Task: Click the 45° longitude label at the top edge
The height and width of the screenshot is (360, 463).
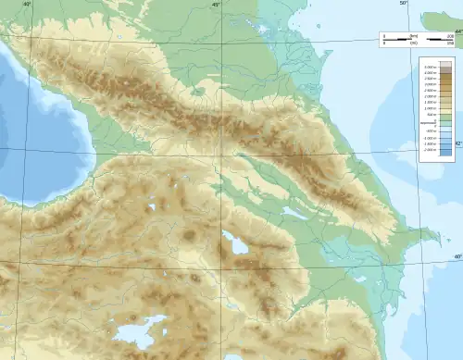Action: [x=215, y=5]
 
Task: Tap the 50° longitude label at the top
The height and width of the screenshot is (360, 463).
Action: [x=404, y=5]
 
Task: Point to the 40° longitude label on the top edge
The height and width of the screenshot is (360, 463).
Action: [x=27, y=5]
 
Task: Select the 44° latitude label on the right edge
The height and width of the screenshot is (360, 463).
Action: [x=457, y=31]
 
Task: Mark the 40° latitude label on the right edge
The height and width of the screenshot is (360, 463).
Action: [x=457, y=256]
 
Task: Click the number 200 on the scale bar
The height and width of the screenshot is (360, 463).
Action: [x=448, y=34]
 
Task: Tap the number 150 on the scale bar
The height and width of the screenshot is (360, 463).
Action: [x=448, y=43]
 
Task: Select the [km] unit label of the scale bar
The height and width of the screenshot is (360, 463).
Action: [x=414, y=34]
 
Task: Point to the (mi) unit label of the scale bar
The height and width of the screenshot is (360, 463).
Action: [x=414, y=43]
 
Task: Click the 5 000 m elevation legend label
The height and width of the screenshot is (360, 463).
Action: [x=429, y=68]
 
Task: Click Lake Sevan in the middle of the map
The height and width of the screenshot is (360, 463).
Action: [x=233, y=245]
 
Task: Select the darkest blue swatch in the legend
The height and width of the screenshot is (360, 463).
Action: [x=444, y=151]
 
